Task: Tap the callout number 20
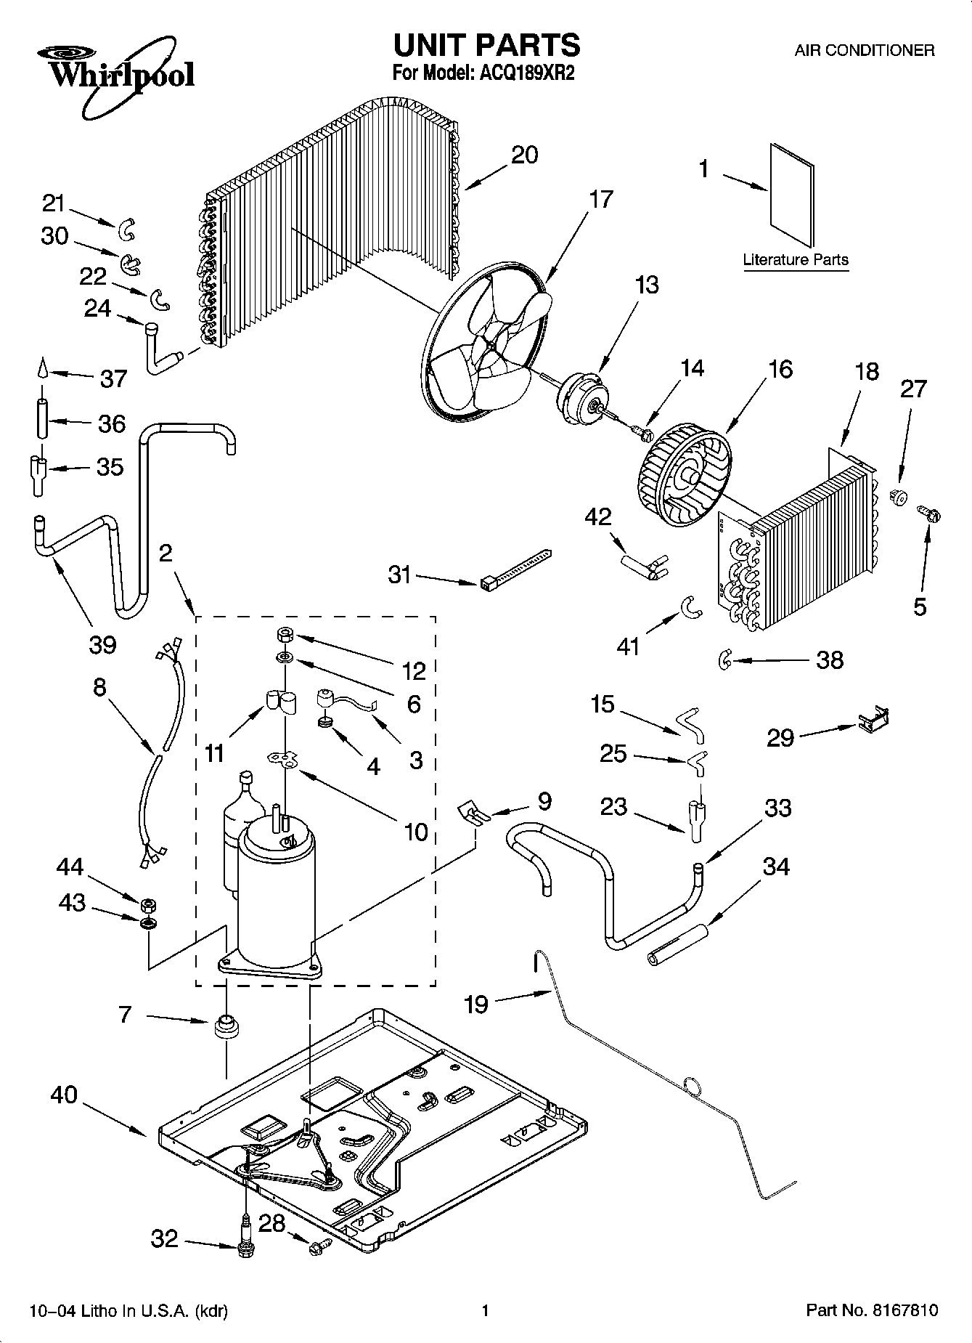pyautogui.click(x=524, y=155)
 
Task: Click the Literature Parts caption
pyautogui.click(x=796, y=260)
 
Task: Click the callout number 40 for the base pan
pyautogui.click(x=64, y=1095)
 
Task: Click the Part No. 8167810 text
pyautogui.click(x=872, y=1311)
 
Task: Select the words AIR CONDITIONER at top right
pyautogui.click(x=864, y=51)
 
